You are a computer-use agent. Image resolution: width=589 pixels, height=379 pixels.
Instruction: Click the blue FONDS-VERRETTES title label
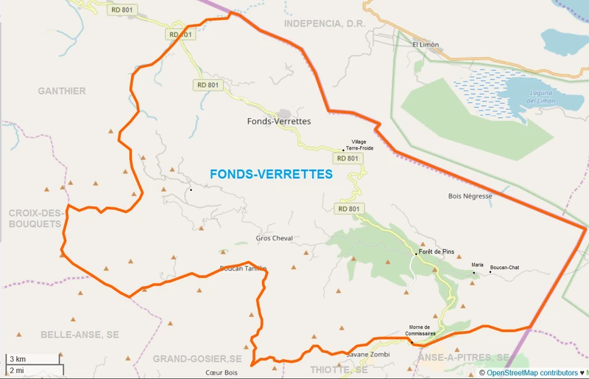coord(271,175)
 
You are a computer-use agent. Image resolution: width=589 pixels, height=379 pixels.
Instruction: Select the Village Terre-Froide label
coord(359,145)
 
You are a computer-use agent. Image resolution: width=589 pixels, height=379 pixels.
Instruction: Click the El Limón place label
coord(426,44)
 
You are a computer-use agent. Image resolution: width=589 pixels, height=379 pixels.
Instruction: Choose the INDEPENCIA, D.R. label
coord(324,23)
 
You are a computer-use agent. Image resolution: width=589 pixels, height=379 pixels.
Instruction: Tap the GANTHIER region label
coord(62,91)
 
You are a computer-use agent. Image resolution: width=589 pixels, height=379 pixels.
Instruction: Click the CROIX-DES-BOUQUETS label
coord(34,218)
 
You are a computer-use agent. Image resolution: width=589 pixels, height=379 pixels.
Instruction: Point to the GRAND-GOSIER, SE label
coord(197,358)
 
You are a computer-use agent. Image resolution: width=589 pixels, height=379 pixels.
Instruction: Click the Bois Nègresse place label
coord(470,196)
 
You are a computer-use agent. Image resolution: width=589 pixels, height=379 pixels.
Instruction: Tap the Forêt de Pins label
coord(437,251)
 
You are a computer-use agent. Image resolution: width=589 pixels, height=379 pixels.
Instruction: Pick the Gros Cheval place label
coord(274,238)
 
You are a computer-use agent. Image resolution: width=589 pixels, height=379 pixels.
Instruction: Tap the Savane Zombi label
coord(368,355)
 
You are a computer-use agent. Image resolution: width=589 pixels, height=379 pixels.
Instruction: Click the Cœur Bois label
coord(219,373)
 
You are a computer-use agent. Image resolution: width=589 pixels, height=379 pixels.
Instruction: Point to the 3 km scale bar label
coord(18,359)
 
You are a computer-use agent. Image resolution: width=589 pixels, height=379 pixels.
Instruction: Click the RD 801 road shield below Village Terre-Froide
coord(348,158)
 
